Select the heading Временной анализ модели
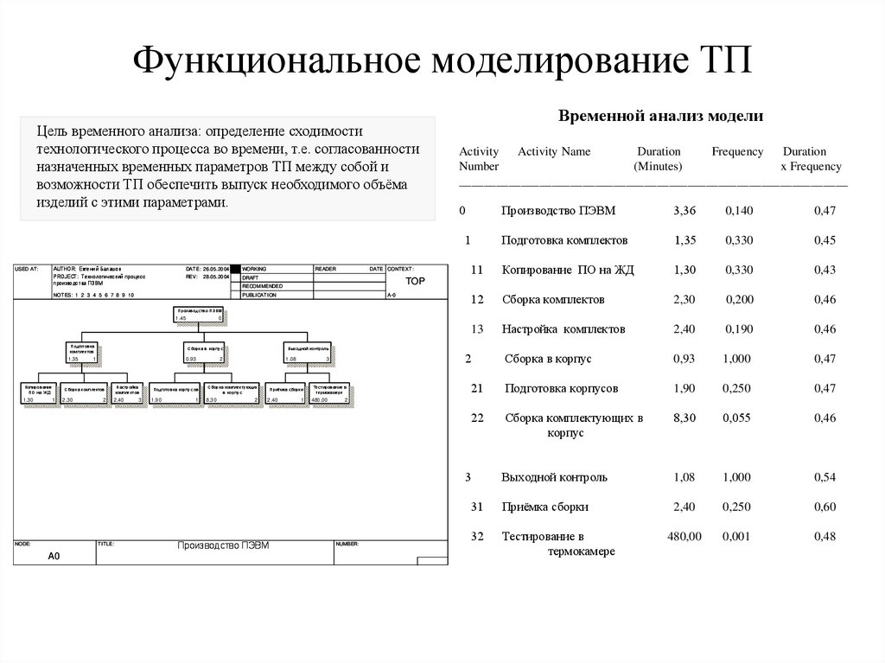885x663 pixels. (660, 115)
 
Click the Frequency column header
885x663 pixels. (737, 151)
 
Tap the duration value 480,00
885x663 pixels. (684, 537)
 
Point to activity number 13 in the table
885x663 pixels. (476, 329)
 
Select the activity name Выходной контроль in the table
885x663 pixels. (554, 477)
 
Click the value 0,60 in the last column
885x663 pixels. (825, 507)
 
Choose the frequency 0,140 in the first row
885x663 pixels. (739, 210)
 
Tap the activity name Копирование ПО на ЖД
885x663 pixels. (568, 270)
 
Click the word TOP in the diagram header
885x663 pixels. (416, 282)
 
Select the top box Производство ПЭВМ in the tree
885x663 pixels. (199, 314)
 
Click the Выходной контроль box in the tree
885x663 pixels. (308, 353)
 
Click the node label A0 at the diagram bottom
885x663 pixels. (54, 557)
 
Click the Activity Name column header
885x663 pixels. (554, 151)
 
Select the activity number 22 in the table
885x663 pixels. (476, 418)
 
